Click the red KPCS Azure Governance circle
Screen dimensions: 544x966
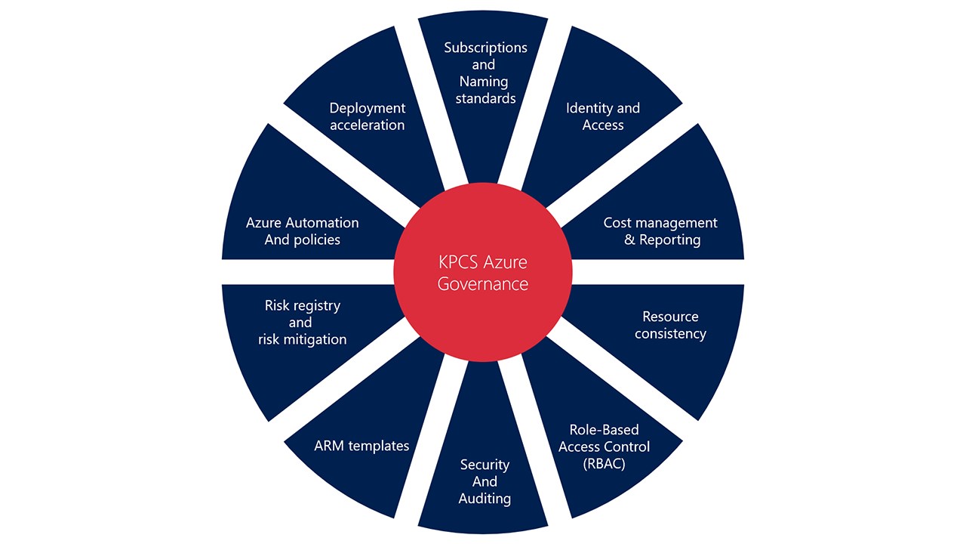coord(483,273)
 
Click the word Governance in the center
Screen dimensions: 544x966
coord(483,284)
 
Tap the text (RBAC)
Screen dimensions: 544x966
coord(604,463)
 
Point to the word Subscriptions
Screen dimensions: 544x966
coord(485,48)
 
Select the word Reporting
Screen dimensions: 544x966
coord(670,240)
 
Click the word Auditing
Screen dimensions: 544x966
coord(485,499)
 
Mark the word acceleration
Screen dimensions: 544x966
coord(368,125)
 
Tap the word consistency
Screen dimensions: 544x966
coord(670,333)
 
